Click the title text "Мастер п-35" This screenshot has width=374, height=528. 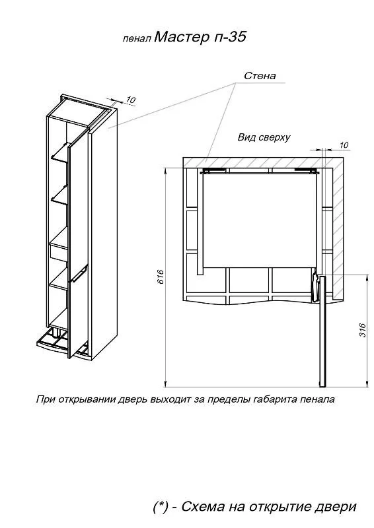[x=200, y=37]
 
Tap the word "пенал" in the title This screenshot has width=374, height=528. [x=137, y=39]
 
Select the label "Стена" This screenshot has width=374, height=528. [x=260, y=76]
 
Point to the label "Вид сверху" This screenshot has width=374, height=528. [x=264, y=137]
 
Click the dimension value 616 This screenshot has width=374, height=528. [x=160, y=277]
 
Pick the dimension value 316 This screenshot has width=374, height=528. [x=362, y=331]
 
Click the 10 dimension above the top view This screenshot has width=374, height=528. [x=344, y=145]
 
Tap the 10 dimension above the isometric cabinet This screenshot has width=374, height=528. [x=131, y=100]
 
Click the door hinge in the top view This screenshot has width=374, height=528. [x=315, y=287]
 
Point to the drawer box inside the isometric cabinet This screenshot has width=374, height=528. [x=58, y=250]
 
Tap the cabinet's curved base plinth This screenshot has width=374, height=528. [x=62, y=346]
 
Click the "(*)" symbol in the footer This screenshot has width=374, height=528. [x=161, y=507]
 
